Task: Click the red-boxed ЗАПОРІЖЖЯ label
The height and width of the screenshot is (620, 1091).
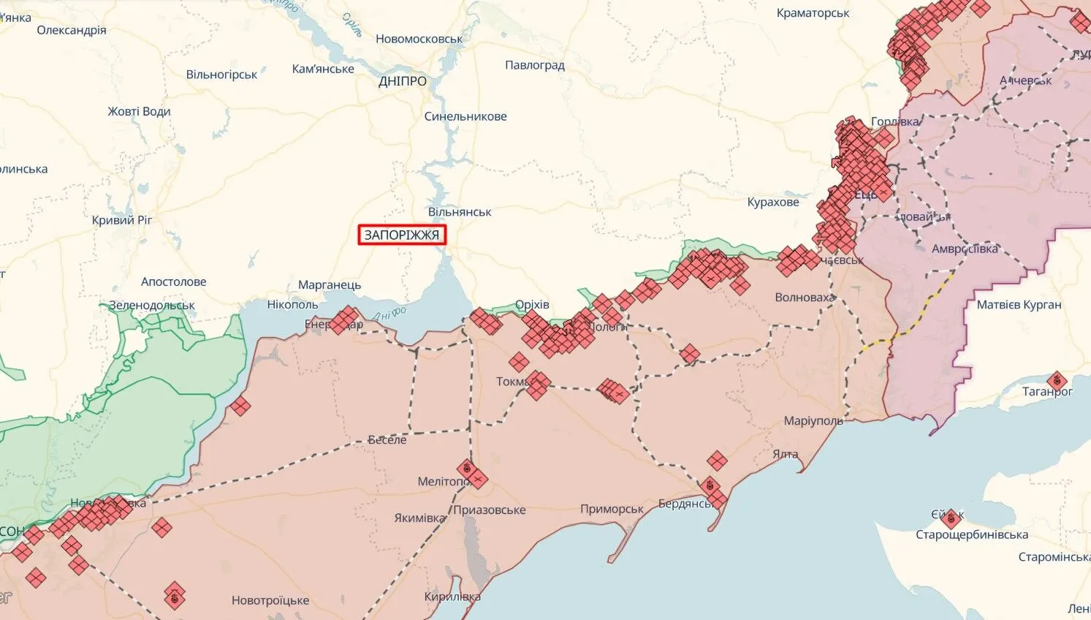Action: point(401,235)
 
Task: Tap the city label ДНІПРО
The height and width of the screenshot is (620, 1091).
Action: point(403,81)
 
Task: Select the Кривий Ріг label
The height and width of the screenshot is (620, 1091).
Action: point(122,220)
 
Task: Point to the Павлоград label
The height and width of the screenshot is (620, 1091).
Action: point(534,65)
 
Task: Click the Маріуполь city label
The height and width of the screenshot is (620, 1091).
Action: point(813,420)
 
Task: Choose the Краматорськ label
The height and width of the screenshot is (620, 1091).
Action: point(813,13)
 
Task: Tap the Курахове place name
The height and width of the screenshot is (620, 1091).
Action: point(772,202)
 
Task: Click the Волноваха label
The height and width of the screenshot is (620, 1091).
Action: point(804,297)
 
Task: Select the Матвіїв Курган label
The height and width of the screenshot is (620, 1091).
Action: point(1019,304)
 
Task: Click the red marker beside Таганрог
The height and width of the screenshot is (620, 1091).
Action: point(1056,381)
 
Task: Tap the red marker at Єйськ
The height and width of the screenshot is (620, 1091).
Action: point(950,519)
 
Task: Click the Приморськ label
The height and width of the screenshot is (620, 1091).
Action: point(612,509)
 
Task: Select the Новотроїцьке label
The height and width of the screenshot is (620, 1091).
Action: point(270,600)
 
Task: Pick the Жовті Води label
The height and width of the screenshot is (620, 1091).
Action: point(139,111)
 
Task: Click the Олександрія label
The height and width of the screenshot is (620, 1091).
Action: point(71,30)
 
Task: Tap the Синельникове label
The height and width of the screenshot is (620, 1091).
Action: point(465,116)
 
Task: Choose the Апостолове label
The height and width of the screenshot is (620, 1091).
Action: point(173,281)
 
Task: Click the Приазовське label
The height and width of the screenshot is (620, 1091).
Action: point(489,510)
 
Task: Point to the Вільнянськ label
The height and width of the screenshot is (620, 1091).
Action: point(460,212)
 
